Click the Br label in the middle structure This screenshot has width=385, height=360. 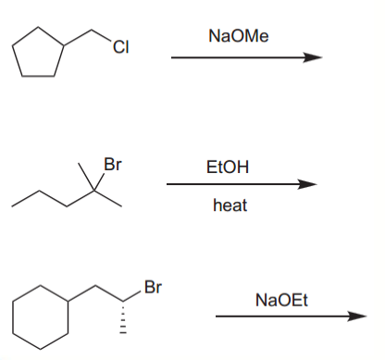pos(112,167)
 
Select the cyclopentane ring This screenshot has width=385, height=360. pos(37,58)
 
